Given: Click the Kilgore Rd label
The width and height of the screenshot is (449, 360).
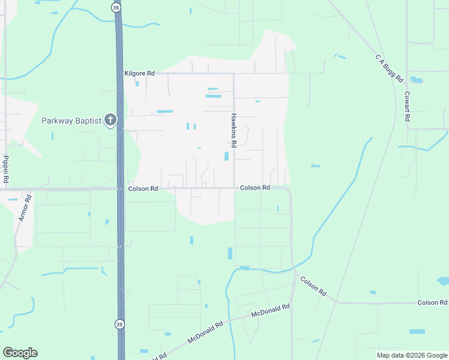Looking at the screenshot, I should (139, 73).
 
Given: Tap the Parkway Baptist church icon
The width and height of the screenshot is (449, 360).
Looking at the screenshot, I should (110, 121).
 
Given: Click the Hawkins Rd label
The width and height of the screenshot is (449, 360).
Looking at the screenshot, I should (234, 130).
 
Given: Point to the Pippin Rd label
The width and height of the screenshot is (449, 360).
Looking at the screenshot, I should (5, 169).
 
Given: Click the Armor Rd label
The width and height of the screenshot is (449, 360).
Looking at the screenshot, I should (25, 207).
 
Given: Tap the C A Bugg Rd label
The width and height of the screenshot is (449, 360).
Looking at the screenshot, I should (390, 68).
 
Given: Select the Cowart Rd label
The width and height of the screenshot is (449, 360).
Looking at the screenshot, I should (407, 106).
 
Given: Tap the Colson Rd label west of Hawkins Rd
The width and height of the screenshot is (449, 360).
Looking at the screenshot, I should (143, 188).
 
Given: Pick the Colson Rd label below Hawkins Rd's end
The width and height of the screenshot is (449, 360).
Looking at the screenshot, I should (255, 188).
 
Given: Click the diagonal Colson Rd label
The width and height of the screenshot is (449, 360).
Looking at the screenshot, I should (313, 286).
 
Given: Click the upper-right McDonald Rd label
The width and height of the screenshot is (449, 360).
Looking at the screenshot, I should (271, 310).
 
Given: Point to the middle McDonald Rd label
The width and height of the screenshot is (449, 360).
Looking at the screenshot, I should (205, 332).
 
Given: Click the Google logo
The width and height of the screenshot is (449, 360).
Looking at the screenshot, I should (20, 352).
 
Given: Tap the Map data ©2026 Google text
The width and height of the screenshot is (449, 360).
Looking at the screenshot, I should (412, 355).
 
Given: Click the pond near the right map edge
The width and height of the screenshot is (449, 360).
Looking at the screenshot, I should (444, 281).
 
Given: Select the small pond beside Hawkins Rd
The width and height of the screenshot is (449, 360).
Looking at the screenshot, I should (226, 156).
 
